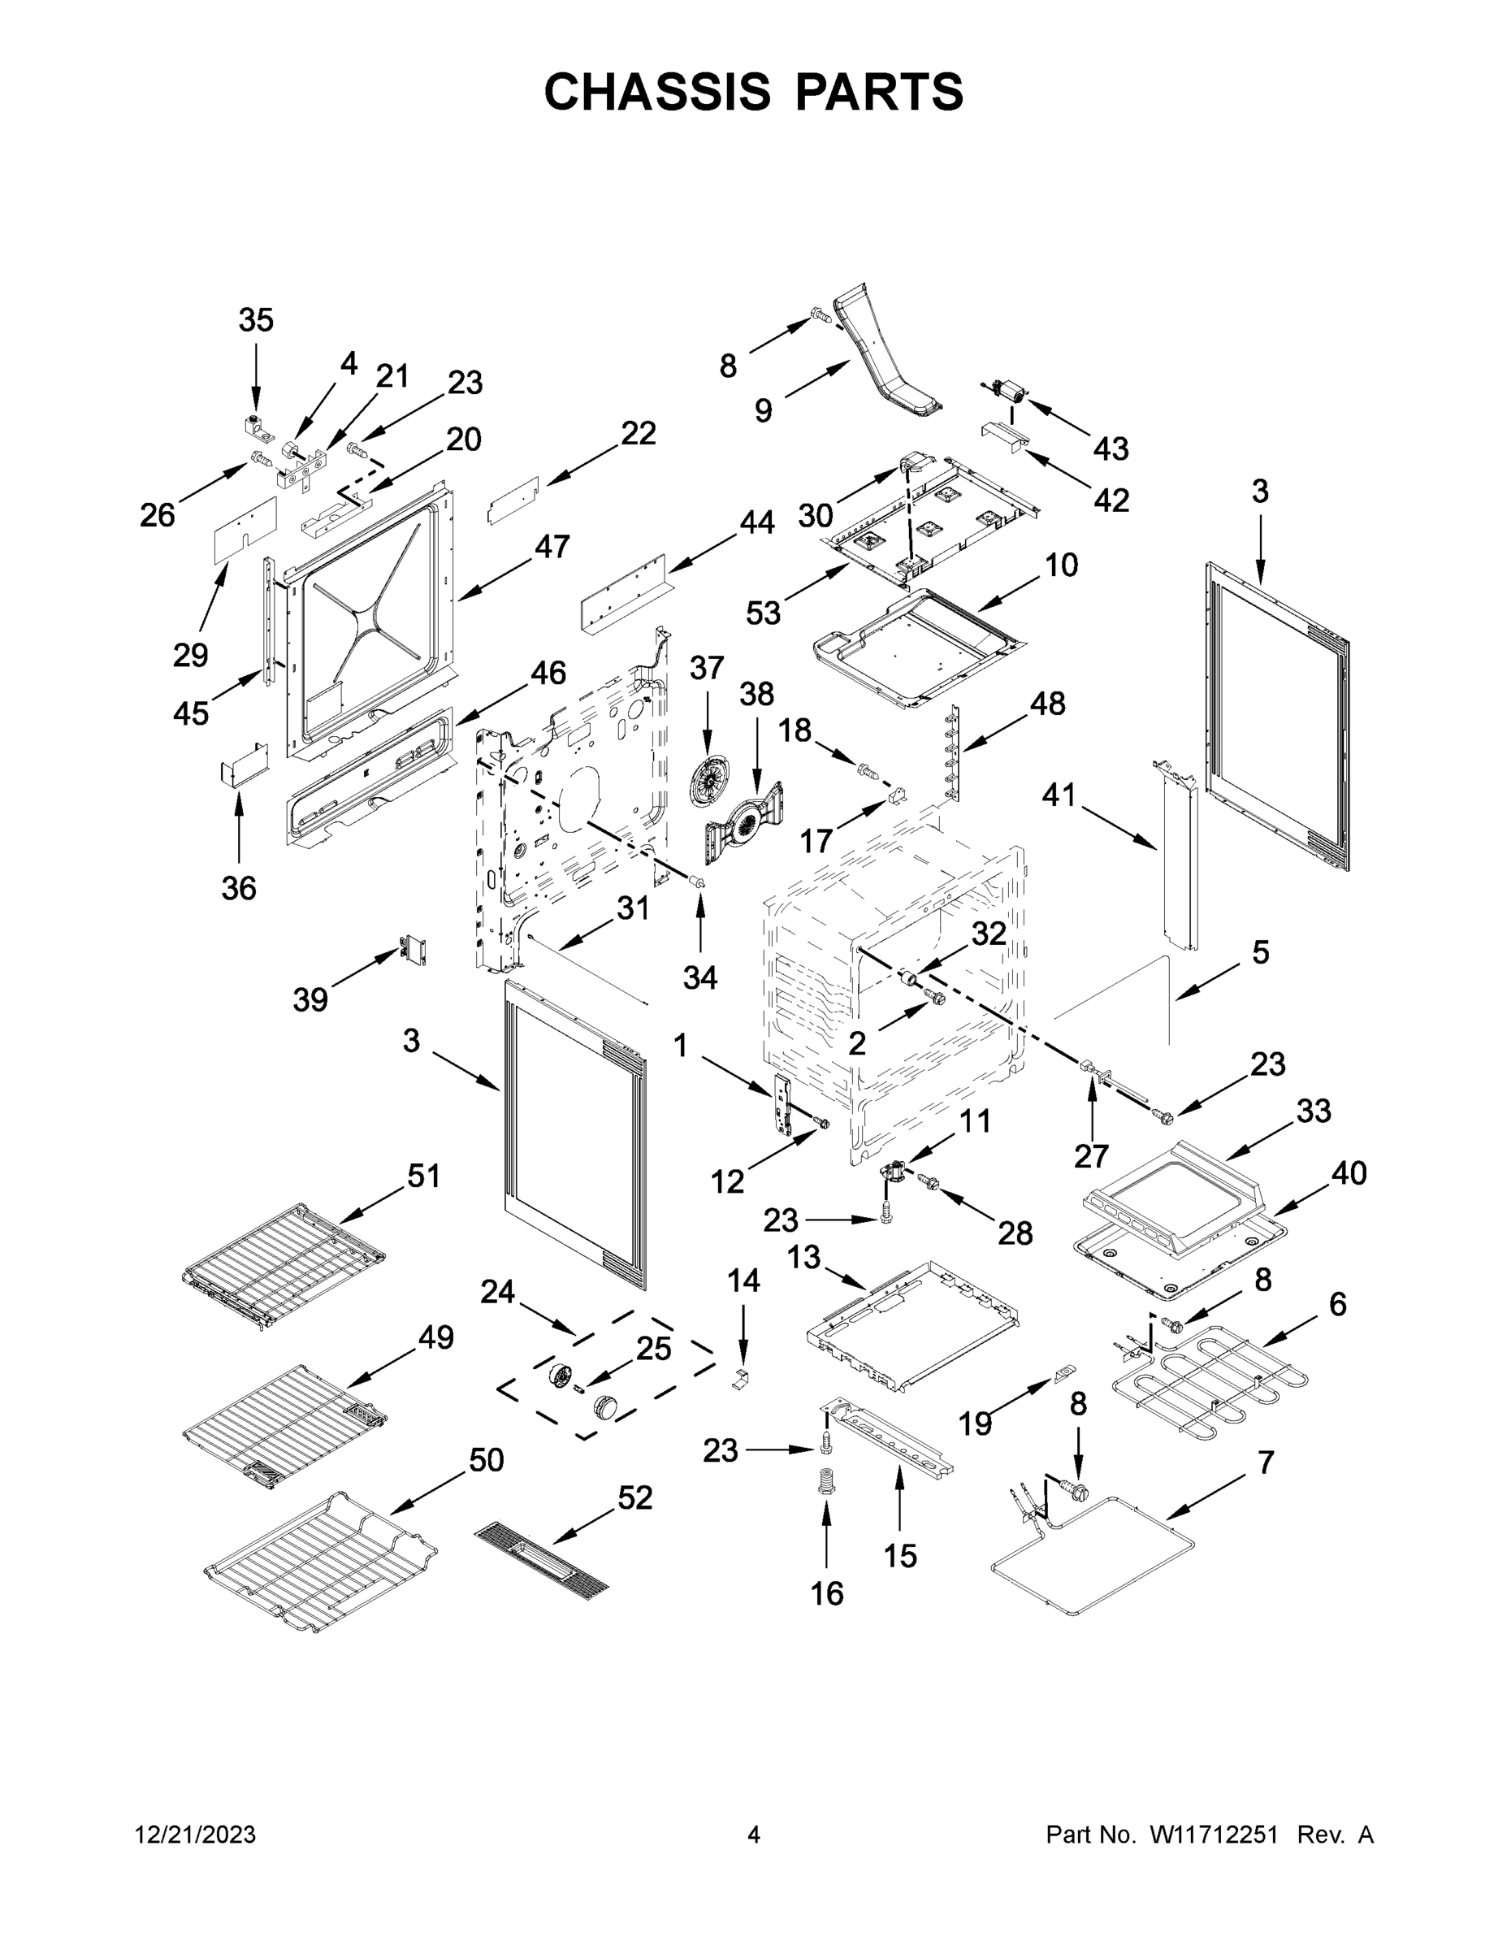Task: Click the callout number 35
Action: [255, 319]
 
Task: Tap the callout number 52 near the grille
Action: [634, 1497]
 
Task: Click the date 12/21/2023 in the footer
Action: [196, 1835]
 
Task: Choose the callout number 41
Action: [1059, 795]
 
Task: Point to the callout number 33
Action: [1314, 1111]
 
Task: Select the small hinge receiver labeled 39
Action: [414, 951]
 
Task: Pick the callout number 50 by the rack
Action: [487, 1460]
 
